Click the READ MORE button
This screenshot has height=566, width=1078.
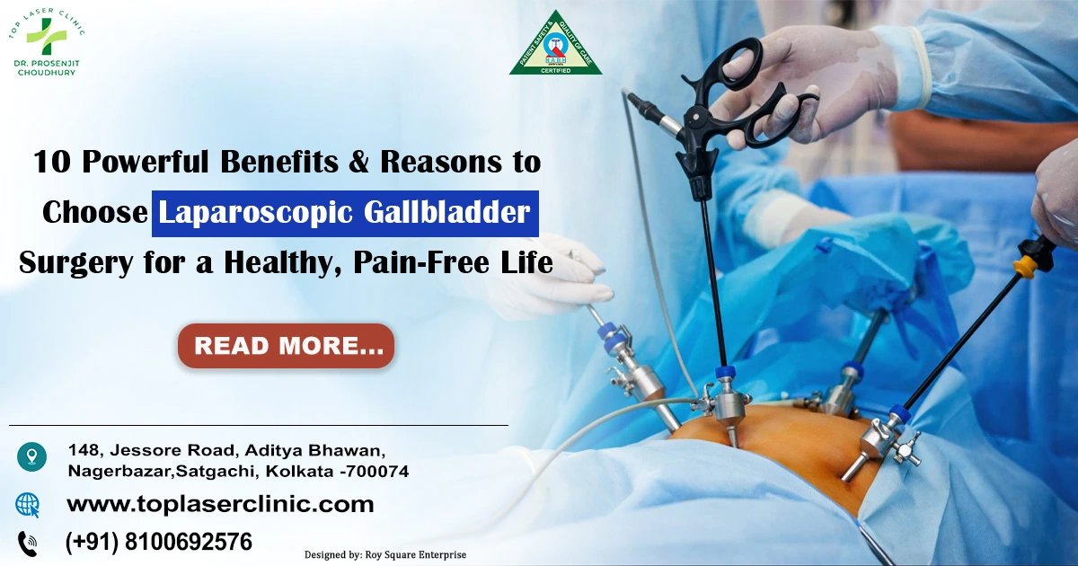(286, 346)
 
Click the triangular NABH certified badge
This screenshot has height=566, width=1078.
(555, 47)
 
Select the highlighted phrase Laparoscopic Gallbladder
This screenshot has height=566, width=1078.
(345, 213)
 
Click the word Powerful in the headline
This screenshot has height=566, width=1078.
(154, 163)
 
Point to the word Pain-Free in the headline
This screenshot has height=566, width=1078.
(425, 262)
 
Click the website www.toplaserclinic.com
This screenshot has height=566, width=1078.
(220, 504)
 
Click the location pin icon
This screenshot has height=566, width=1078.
(31, 457)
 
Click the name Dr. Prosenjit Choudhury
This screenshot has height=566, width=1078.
(47, 68)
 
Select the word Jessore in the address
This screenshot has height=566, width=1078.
(139, 448)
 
